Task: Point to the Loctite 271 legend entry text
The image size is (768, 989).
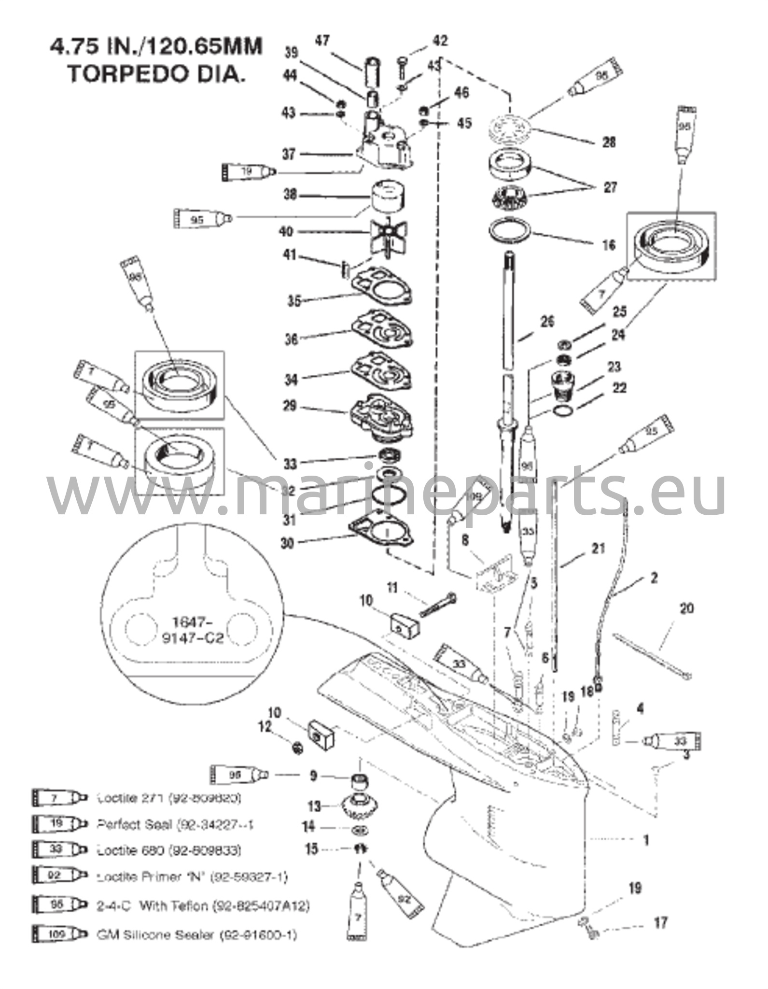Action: tap(169, 798)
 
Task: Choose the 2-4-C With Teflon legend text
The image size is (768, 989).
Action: tap(203, 906)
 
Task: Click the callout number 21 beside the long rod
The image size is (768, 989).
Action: tap(598, 548)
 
